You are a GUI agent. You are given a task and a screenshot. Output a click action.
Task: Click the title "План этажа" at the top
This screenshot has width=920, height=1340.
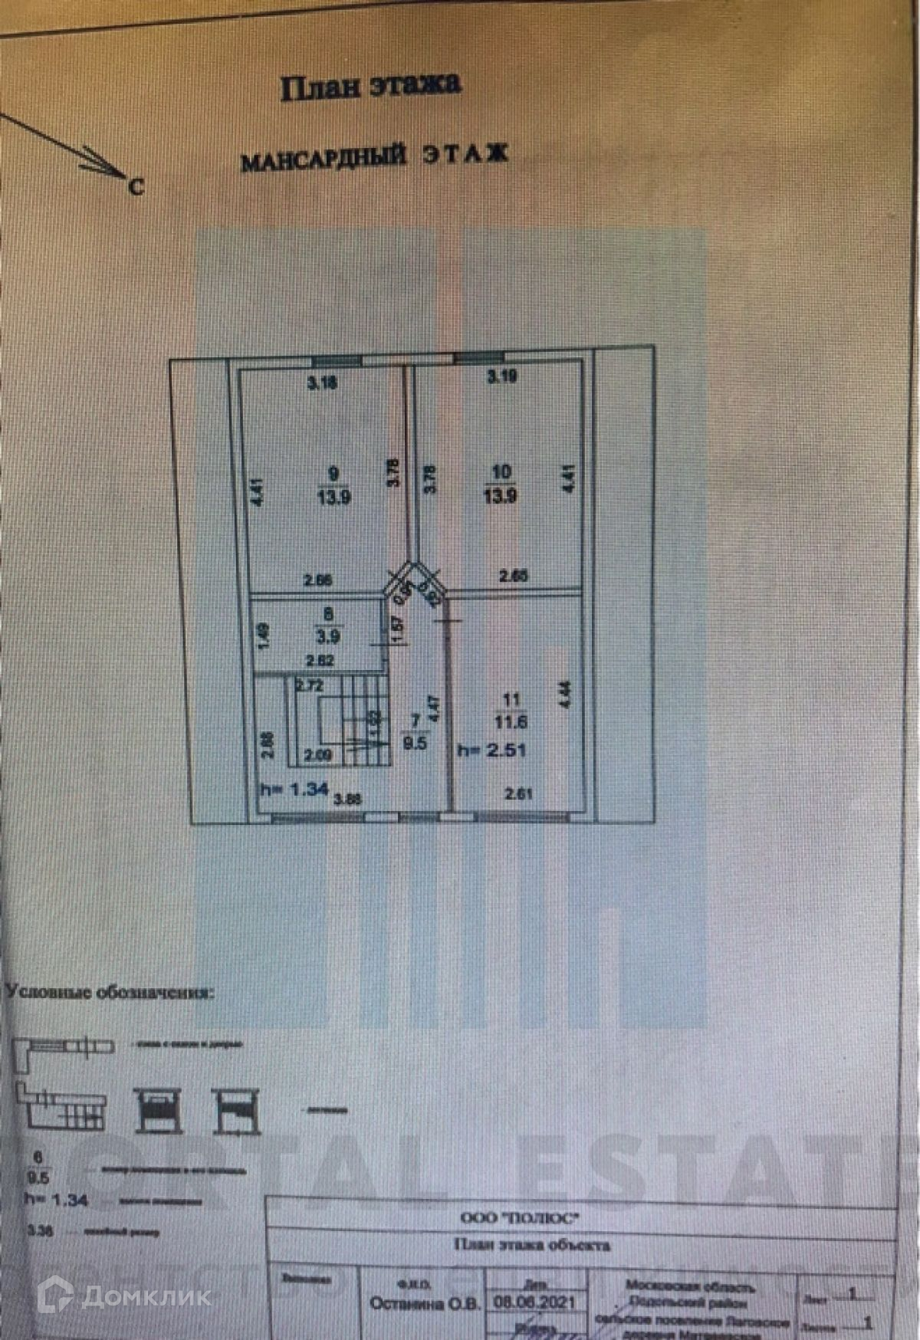point(370,86)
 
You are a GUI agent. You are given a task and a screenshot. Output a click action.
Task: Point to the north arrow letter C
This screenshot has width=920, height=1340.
point(136,186)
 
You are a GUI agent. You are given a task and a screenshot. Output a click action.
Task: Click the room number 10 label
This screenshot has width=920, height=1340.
point(501,472)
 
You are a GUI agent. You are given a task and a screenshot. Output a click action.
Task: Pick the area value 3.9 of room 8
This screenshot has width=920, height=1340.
point(329,636)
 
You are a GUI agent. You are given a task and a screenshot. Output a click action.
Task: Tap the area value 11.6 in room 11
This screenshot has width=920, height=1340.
point(511,721)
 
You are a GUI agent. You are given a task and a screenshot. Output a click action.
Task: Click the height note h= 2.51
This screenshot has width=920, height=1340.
point(491,750)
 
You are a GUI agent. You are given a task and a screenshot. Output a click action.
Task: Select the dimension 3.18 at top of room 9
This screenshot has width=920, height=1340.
point(322,383)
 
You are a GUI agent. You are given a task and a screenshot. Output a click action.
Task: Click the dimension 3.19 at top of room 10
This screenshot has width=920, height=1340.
point(502,376)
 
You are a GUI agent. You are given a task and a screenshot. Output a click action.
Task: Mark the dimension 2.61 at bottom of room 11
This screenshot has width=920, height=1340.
point(519,794)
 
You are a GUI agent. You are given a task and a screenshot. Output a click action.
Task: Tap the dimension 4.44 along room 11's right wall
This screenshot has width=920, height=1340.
point(566,695)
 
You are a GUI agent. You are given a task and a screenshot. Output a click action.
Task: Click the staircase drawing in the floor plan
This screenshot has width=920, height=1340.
point(341,718)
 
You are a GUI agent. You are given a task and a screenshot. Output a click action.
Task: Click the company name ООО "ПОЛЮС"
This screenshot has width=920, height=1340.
point(519,1217)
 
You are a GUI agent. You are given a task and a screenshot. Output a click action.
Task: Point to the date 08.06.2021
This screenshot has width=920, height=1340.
point(534,1302)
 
